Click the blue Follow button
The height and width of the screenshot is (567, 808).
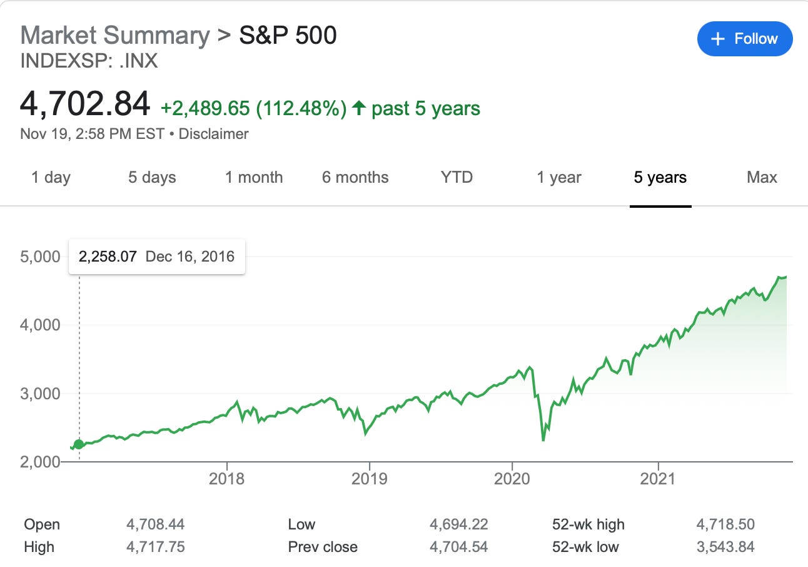tap(744, 39)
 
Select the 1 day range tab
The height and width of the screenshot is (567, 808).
tap(51, 177)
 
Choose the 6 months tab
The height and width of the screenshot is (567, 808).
tap(355, 177)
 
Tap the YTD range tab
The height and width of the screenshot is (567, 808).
tap(457, 177)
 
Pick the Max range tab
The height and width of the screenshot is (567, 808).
tap(762, 177)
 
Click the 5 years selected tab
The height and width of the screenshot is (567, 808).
tap(660, 177)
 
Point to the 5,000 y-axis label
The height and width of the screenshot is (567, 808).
tap(41, 257)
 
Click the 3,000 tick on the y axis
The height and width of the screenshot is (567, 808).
tap(41, 394)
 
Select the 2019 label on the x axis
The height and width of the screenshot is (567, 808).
tap(370, 479)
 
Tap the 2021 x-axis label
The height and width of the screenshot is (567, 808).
tap(659, 479)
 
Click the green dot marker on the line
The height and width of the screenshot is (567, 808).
tap(79, 445)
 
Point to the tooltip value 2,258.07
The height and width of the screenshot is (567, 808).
tap(108, 257)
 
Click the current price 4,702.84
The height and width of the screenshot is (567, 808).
tap(85, 104)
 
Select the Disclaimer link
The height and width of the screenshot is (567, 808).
tap(213, 134)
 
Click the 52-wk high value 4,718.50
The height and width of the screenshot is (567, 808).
tap(725, 524)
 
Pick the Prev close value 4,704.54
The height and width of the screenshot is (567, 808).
tap(458, 547)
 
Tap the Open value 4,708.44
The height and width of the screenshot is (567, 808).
tap(155, 524)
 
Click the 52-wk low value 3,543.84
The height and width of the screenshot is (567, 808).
tap(725, 547)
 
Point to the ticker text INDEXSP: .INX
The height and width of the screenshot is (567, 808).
tap(89, 61)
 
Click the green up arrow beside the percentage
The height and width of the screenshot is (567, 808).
tap(359, 109)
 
